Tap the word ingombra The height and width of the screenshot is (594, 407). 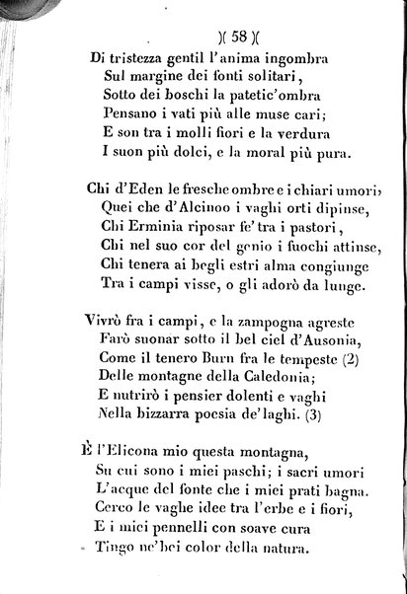pos(290,59)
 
